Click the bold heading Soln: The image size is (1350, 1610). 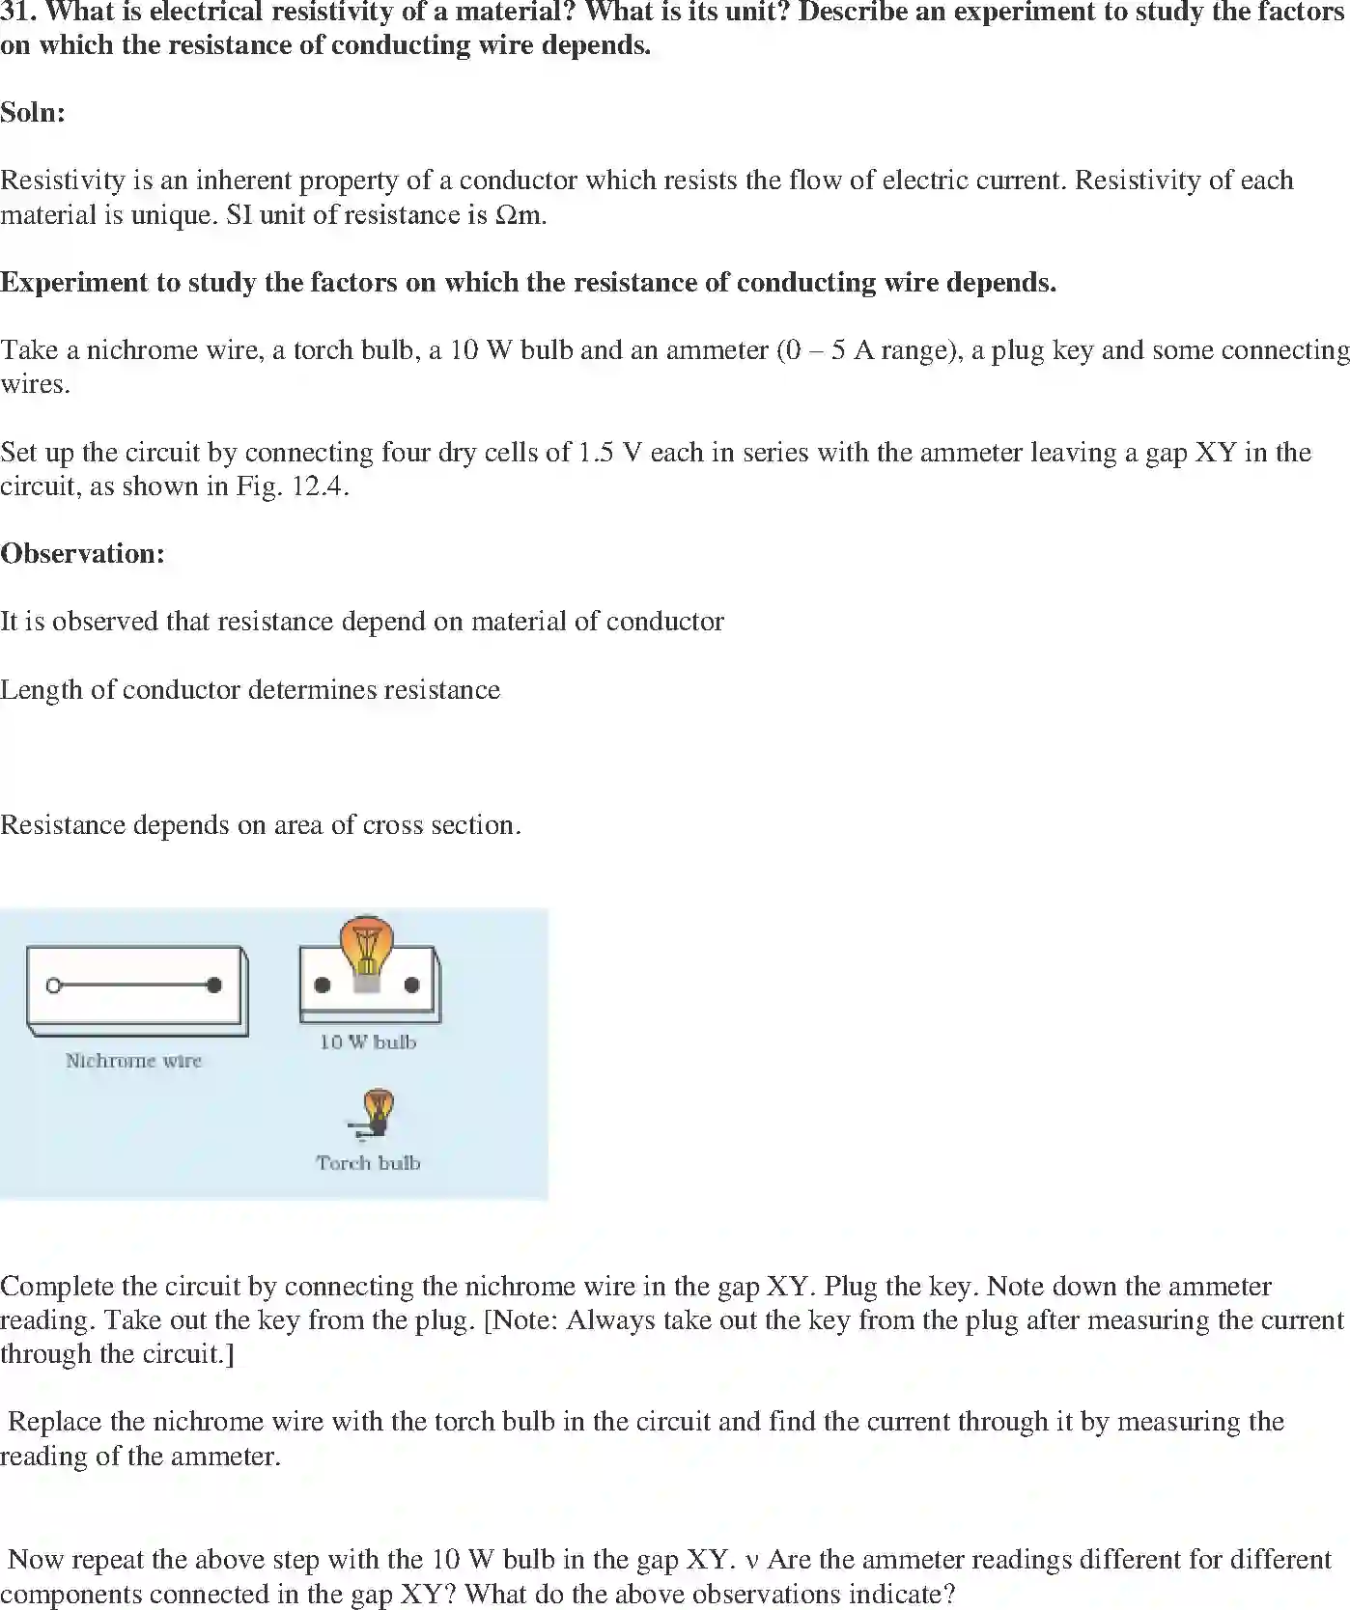point(33,112)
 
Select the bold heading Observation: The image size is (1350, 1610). point(83,553)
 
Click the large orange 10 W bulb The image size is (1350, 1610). point(366,947)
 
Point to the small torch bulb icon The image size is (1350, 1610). point(376,1112)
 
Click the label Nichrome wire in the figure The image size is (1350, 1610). point(133,1060)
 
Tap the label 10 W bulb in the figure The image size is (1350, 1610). point(368,1041)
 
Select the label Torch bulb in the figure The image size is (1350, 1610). point(368,1163)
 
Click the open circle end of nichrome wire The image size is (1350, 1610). point(54,985)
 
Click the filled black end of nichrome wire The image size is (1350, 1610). point(214,985)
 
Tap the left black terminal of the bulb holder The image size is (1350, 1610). point(323,985)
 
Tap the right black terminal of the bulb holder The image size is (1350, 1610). point(412,985)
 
